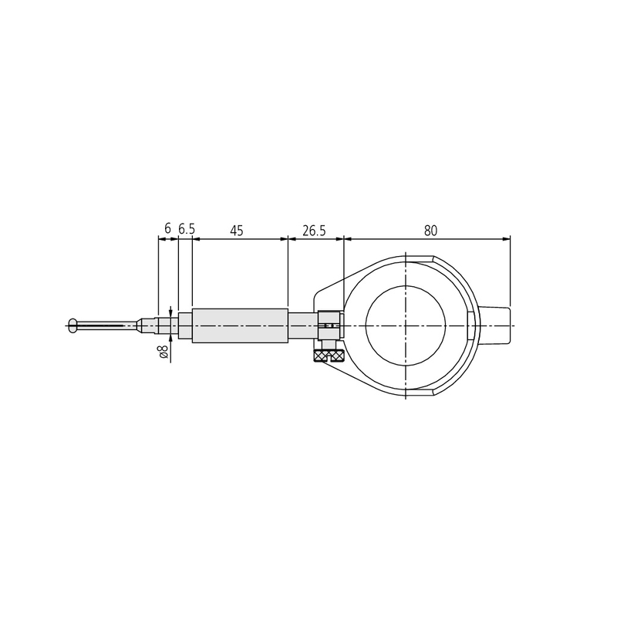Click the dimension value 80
point(430,231)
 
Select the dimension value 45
point(237,231)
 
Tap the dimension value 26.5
point(314,231)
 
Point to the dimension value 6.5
point(187,228)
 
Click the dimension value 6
point(168,228)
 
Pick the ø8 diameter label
point(164,351)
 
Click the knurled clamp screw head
point(329,356)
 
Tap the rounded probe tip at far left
point(72,325)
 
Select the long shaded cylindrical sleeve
point(240,325)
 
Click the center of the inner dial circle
point(406,325)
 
